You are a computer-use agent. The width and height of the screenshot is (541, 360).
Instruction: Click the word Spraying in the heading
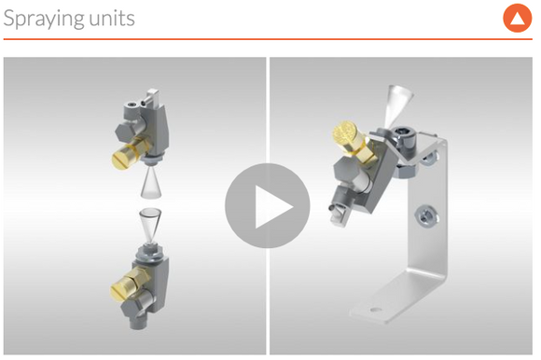44,19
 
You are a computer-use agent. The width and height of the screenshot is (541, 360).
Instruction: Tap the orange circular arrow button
517,18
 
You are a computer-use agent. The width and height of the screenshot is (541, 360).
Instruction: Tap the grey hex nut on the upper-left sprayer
126,131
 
